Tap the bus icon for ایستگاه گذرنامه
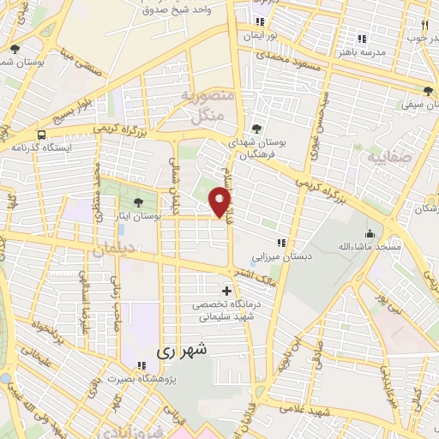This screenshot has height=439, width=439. tap(41, 135)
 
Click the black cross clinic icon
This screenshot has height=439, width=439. tap(226, 291)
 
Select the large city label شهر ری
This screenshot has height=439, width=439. tap(183, 352)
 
